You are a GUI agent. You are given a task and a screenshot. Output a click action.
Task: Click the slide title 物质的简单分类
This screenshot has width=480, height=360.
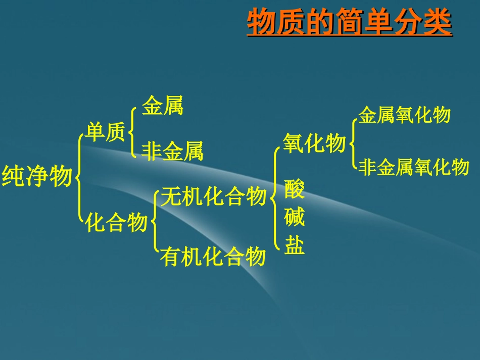point(349,22)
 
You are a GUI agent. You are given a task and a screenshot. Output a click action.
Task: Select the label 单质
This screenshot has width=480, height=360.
point(105,133)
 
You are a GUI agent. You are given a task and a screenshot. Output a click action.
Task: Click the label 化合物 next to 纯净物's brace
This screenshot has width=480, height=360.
point(117,222)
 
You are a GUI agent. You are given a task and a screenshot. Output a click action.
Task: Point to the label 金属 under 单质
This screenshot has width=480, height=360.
point(162,107)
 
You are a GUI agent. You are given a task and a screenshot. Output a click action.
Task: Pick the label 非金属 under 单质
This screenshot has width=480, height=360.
point(172,151)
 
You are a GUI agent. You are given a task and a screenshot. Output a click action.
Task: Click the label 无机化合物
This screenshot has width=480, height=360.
point(213,196)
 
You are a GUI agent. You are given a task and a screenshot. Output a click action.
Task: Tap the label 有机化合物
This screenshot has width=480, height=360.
point(213,256)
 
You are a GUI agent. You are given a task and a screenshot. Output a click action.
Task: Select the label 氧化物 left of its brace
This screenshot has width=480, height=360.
point(314,143)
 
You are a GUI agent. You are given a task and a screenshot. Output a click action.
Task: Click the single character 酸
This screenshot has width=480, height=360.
point(295,188)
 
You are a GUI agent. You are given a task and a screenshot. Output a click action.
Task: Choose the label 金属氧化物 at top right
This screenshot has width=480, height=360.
point(404,115)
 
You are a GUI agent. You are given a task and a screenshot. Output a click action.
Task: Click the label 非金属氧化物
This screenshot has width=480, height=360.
point(414,166)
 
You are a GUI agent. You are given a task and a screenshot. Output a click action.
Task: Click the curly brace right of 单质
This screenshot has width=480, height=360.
point(132,132)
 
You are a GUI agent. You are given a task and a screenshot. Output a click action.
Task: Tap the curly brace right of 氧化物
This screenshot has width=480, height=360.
point(352,143)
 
